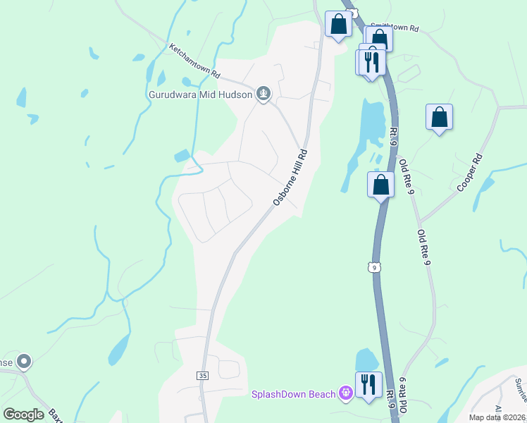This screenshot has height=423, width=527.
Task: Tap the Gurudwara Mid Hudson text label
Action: (200, 94)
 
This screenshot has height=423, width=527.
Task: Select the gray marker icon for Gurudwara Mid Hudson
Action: (263, 94)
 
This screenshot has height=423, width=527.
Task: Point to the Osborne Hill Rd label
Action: (290, 178)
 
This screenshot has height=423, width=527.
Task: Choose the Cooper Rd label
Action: (469, 173)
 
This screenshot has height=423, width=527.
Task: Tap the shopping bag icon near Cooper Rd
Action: (439, 118)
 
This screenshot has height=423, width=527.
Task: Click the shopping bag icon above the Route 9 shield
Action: (380, 185)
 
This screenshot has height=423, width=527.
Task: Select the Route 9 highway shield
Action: (374, 266)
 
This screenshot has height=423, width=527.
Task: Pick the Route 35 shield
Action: (203, 376)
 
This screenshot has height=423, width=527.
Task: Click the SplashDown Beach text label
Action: (294, 393)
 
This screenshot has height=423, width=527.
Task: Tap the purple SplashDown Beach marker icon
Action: (345, 393)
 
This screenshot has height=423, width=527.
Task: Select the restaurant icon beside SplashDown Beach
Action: (368, 385)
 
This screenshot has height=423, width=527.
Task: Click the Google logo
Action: (23, 414)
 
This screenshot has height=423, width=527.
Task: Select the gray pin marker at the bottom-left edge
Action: (24, 362)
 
